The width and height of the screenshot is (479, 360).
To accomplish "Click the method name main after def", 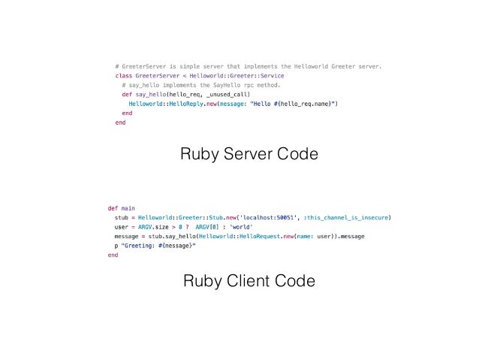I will click(x=128, y=207).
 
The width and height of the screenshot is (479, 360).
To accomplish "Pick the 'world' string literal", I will click(x=241, y=227).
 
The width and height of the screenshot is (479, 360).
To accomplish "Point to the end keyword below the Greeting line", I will click(x=113, y=256).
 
